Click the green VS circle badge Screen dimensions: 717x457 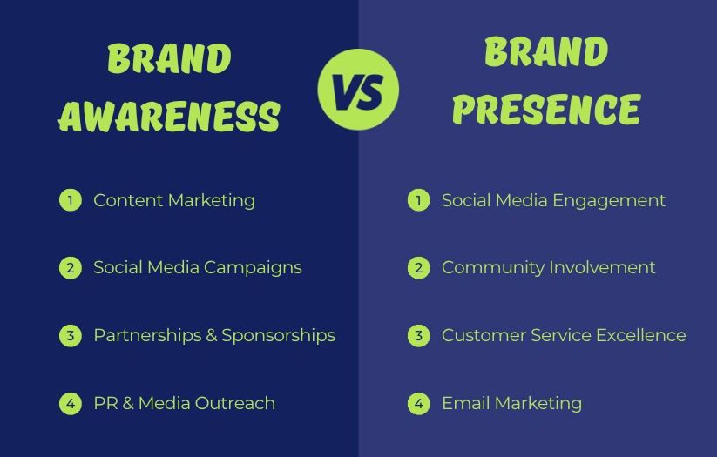pyautogui.click(x=358, y=90)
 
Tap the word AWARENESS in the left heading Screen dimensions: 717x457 pyautogui.click(x=169, y=116)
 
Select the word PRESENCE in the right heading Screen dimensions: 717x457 pyautogui.click(x=546, y=109)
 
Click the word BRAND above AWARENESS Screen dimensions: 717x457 pyautogui.click(x=169, y=58)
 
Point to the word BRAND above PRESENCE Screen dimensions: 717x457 pyautogui.click(x=546, y=51)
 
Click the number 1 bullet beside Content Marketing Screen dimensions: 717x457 pyautogui.click(x=71, y=200)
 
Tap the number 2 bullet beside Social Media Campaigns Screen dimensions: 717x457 pyautogui.click(x=71, y=268)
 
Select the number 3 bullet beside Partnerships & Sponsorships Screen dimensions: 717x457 pyautogui.click(x=71, y=335)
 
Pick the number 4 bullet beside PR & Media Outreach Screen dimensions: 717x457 pyautogui.click(x=71, y=404)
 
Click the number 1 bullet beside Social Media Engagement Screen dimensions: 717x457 pyautogui.click(x=418, y=200)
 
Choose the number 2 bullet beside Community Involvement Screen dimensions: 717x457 pyautogui.click(x=418, y=268)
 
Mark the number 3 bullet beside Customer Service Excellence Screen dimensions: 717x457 pyautogui.click(x=418, y=335)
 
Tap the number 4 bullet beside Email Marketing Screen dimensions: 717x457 pyautogui.click(x=418, y=404)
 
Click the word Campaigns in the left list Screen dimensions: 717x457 pyautogui.click(x=253, y=268)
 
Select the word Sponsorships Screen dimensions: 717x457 pyautogui.click(x=279, y=336)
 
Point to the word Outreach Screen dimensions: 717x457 pyautogui.click(x=235, y=403)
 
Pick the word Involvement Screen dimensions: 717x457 pyautogui.click(x=602, y=267)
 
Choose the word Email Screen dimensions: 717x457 pyautogui.click(x=466, y=403)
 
